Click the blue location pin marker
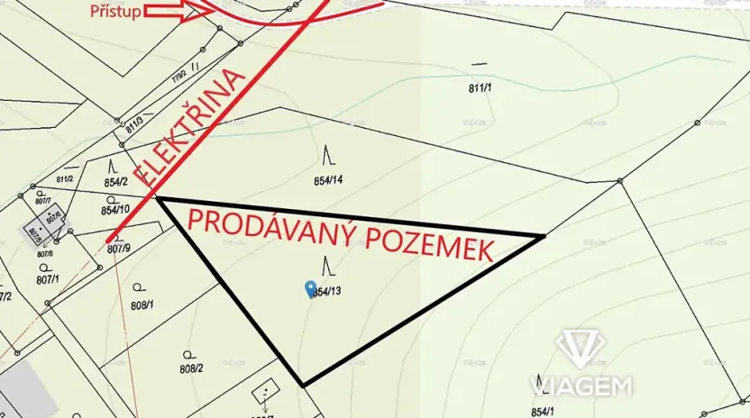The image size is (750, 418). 311,288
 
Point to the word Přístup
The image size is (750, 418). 114,12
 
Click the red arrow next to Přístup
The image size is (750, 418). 180,12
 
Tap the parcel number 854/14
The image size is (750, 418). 329,180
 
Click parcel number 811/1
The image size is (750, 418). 480,87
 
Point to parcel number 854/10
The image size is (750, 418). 115,210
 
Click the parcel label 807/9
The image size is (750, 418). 118,248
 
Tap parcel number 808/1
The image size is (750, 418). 142,304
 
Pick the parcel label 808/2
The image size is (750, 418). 191,368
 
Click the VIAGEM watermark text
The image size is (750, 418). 581,386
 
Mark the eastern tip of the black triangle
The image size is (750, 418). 544,236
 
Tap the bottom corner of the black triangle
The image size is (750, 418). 303,385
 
